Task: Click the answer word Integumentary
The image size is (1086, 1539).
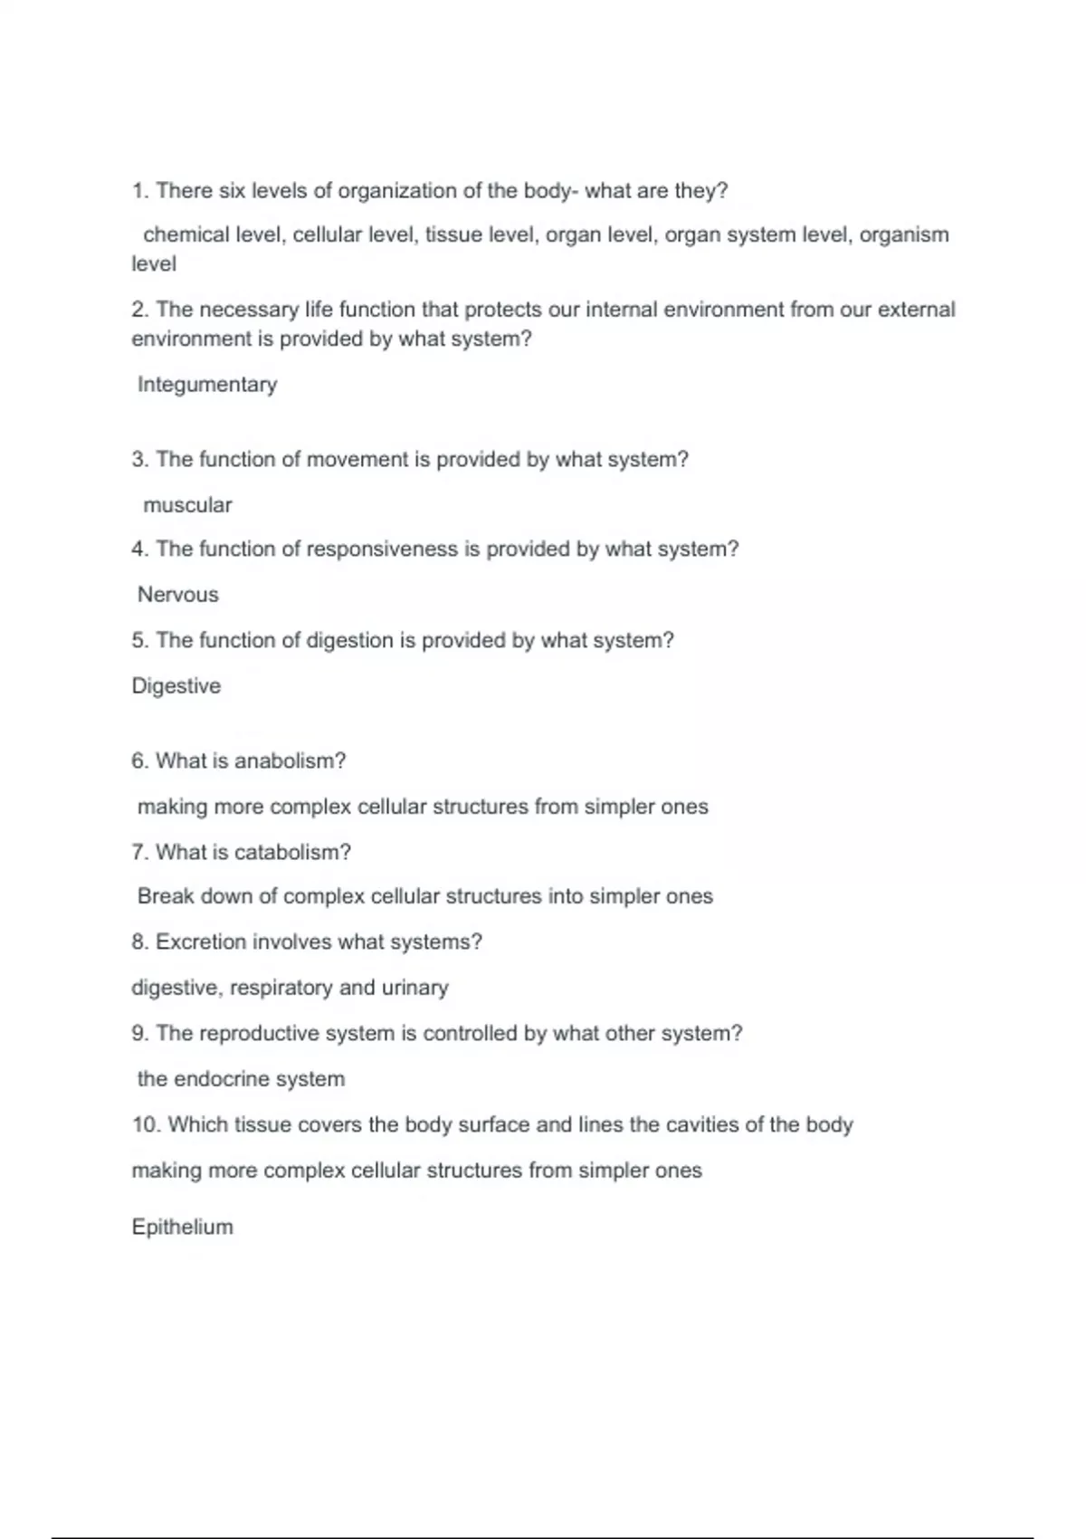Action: tap(207, 385)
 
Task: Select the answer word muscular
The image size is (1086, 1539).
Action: tap(187, 505)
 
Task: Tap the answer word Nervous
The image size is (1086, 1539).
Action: tap(178, 595)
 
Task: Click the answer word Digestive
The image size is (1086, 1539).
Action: tap(176, 686)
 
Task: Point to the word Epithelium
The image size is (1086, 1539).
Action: tap(183, 1228)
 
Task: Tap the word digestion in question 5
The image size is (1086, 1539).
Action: tap(349, 641)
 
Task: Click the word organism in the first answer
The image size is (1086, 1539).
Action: tap(904, 235)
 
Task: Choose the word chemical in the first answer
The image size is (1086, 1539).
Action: tap(186, 235)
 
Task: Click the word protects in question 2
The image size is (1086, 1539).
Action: tap(500, 310)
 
